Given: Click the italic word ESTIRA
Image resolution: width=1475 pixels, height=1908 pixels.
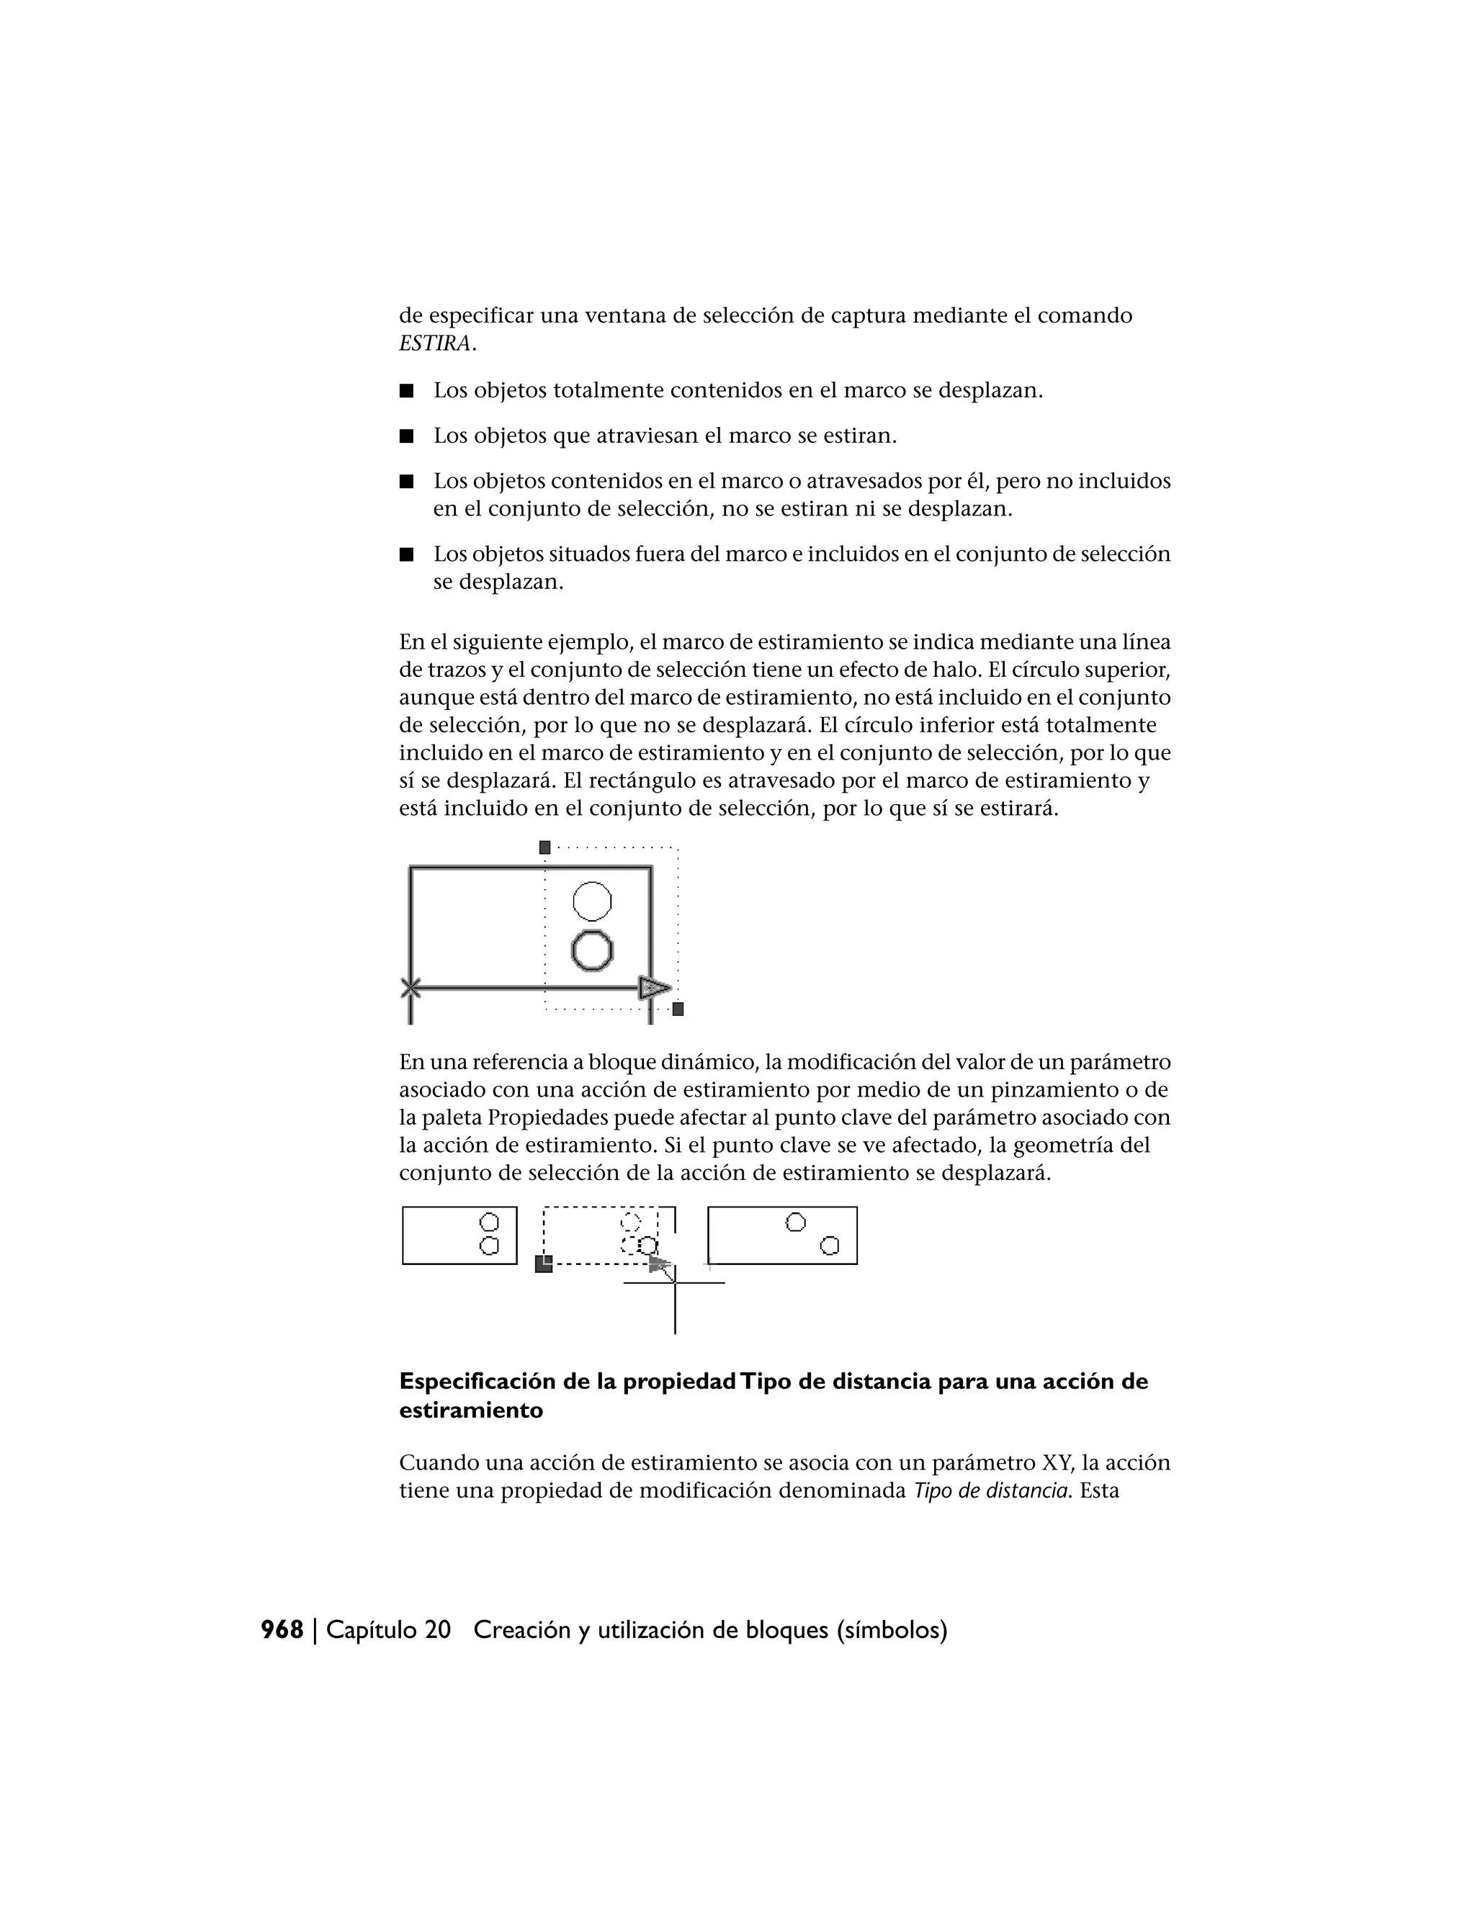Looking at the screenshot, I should pos(434,343).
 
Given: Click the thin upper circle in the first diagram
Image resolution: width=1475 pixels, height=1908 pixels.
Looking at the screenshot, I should pos(593,901).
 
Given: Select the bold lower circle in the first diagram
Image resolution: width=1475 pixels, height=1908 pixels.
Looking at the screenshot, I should pos(593,950).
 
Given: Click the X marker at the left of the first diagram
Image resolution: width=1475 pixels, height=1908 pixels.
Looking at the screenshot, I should pos(410,988).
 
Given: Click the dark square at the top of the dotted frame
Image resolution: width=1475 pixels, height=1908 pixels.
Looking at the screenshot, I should pos(545,847).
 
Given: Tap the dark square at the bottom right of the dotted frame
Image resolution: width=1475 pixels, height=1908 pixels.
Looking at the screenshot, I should pos(678,1009).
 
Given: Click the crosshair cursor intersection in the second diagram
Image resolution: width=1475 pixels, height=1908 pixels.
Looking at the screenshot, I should pos(675,1282).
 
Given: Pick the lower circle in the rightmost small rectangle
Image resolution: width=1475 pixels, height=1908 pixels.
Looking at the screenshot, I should pos(829,1246).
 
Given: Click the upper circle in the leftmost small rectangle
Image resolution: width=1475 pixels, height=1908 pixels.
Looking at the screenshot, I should pos(490,1221).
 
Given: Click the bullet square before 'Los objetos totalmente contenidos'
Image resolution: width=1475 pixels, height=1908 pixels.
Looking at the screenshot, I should pos(405,390).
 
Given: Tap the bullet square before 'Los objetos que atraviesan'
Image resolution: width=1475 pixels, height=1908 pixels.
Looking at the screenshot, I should pos(405,436).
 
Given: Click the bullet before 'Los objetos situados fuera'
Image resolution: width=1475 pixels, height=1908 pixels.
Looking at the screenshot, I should pos(405,554).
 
